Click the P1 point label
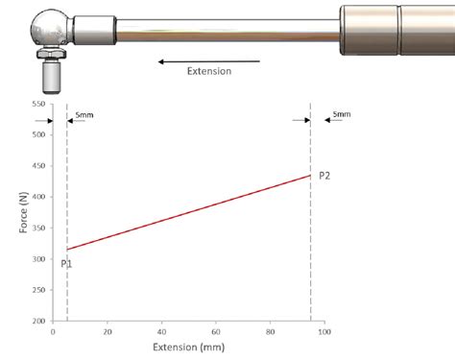point(66,264)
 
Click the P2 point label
point(324,176)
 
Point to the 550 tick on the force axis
point(38,104)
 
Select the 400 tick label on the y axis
point(38,197)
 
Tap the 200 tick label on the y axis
point(38,321)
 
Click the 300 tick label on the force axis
point(38,259)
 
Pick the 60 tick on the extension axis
point(216,332)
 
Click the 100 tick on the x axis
point(324,332)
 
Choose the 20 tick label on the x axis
point(108,332)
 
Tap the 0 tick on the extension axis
point(53,332)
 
